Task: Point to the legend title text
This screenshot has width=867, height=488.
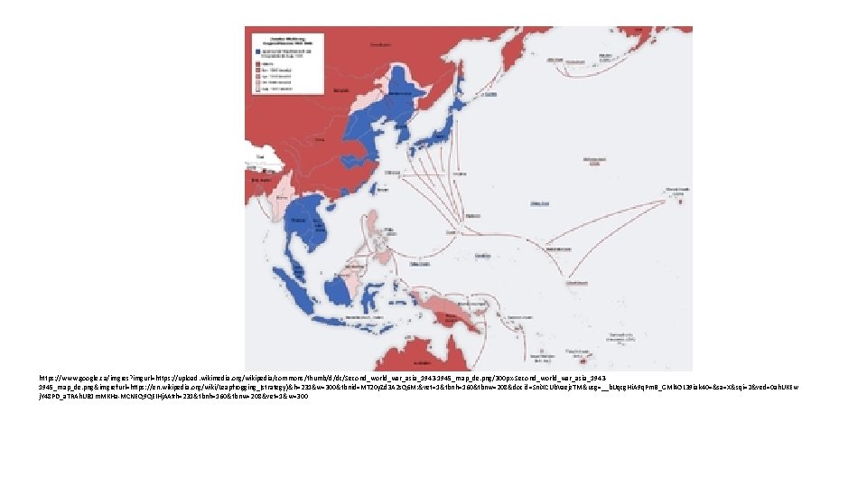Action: tap(280, 38)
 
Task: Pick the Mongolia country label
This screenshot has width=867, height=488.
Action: tap(343, 90)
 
